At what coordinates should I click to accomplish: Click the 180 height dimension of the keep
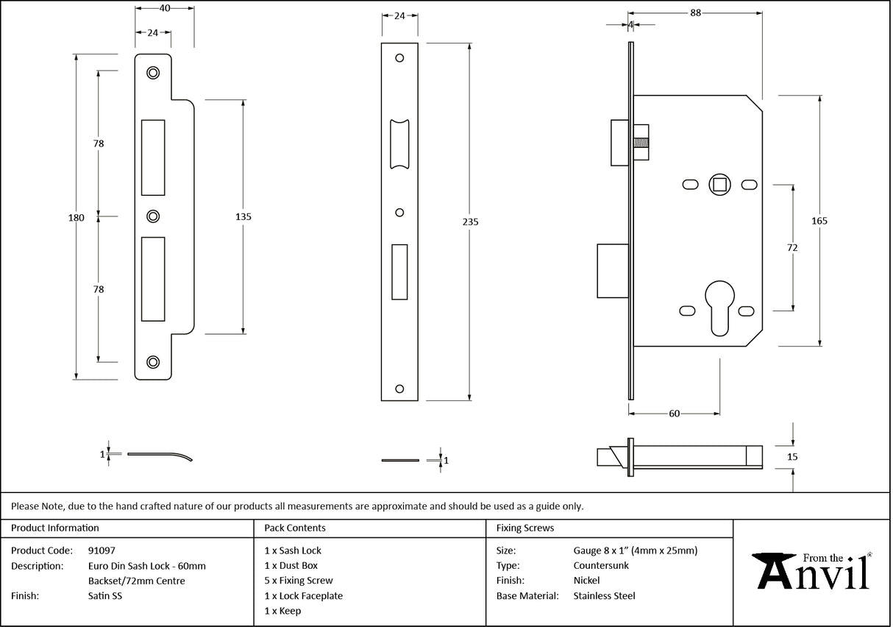click(x=77, y=218)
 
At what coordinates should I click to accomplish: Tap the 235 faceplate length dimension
click(x=471, y=222)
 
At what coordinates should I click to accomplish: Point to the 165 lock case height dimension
click(x=820, y=222)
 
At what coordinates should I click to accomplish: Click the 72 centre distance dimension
click(x=792, y=248)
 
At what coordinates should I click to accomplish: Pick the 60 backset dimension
click(x=674, y=414)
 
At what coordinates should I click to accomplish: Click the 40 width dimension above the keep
click(x=165, y=8)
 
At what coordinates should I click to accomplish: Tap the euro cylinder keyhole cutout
click(x=719, y=301)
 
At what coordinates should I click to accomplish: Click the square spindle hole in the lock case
click(x=719, y=184)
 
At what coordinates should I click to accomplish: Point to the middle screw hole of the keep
click(x=153, y=216)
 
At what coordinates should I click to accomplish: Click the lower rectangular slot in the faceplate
click(x=400, y=272)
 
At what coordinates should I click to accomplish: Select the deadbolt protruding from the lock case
click(x=612, y=271)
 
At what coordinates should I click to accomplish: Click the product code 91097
click(x=102, y=550)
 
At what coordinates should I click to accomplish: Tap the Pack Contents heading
click(x=294, y=528)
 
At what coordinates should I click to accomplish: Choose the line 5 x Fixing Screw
click(x=299, y=581)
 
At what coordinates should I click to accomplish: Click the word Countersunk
click(x=601, y=565)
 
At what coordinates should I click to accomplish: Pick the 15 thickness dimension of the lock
click(x=792, y=457)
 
